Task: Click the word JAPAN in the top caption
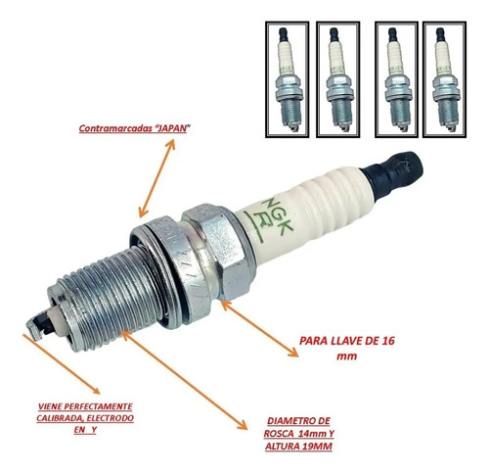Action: tap(170, 128)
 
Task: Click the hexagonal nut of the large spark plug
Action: tap(218, 253)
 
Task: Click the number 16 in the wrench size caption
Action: tap(387, 341)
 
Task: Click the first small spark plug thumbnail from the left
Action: tap(288, 79)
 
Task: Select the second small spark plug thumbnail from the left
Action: tap(338, 79)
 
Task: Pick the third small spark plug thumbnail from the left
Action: tap(396, 79)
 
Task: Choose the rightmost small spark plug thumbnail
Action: tap(444, 79)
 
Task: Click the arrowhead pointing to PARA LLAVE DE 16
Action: tap(292, 352)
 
